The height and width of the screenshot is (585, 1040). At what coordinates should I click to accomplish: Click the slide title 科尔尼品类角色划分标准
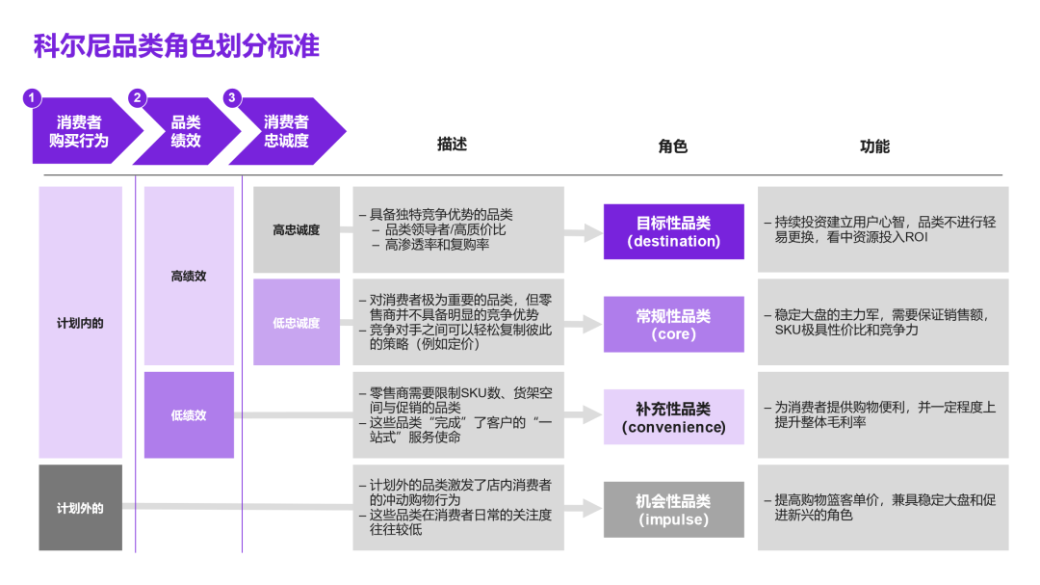(x=176, y=45)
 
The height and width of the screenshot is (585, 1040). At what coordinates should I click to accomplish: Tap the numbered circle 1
(x=33, y=97)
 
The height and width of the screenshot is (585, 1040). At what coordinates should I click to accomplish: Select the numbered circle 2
(x=137, y=97)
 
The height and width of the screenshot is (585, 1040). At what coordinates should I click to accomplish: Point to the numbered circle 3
(x=231, y=97)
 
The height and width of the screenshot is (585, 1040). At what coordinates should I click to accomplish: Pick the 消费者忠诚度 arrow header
(x=287, y=131)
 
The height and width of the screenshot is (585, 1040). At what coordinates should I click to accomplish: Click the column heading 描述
(x=452, y=145)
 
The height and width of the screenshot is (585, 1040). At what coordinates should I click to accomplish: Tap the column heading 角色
(x=673, y=146)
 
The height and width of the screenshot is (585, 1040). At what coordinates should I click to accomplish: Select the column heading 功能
(x=874, y=146)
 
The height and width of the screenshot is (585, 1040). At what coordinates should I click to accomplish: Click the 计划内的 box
(x=80, y=323)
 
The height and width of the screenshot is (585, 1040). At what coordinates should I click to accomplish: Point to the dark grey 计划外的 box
(x=80, y=507)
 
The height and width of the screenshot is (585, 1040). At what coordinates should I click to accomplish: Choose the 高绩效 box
(x=189, y=276)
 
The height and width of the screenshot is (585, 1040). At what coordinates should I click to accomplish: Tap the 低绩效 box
(x=189, y=415)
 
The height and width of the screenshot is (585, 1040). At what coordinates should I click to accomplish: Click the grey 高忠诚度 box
(x=296, y=230)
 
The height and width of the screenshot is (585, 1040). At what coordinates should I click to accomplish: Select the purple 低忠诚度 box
(x=296, y=323)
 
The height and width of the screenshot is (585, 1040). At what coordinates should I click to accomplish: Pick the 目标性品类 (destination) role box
(x=673, y=231)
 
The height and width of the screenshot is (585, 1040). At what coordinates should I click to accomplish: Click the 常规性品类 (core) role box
(x=673, y=325)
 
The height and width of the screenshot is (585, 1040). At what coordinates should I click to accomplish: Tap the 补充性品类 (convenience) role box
(x=673, y=417)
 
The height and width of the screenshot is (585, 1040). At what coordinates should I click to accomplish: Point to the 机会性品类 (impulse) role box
(x=673, y=510)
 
